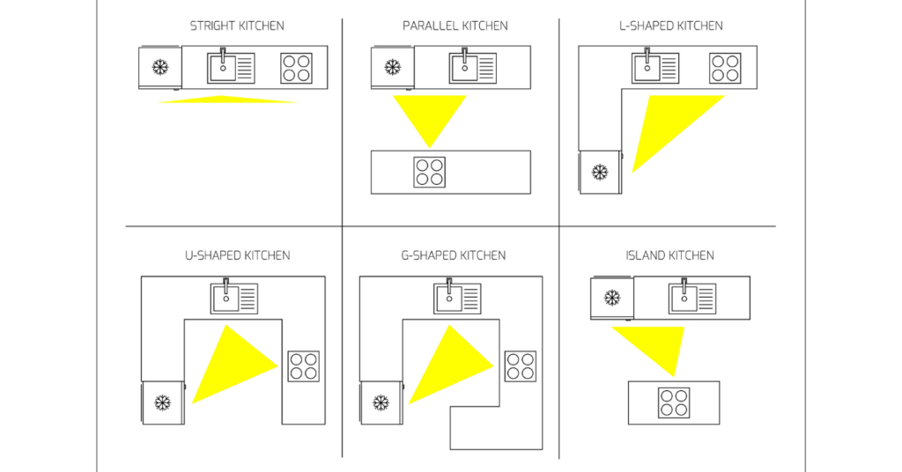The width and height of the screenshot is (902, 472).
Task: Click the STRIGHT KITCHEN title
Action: pos(237,26)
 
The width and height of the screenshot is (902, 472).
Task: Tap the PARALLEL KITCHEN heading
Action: pos(455,26)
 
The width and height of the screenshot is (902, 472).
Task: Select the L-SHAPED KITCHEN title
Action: pos(670,26)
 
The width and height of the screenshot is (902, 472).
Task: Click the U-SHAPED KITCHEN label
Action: pos(237,255)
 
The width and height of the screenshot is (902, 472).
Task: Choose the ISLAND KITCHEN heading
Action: pos(669,255)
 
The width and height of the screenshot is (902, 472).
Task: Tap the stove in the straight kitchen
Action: pos(296,68)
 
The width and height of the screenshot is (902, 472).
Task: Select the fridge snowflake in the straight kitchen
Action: pos(159,67)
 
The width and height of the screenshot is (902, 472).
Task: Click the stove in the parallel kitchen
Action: pos(429,172)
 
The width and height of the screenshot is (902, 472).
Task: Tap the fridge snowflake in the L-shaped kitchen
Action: pos(600,172)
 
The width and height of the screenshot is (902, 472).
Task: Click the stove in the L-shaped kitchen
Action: pos(725,68)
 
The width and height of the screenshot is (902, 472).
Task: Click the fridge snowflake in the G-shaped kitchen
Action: pos(381,402)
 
